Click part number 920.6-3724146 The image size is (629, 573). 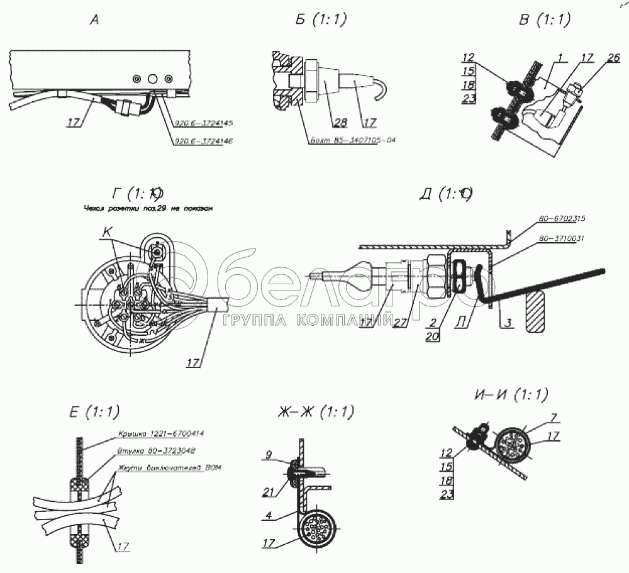coord(203,142)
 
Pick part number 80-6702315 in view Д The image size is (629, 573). coord(562,220)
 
